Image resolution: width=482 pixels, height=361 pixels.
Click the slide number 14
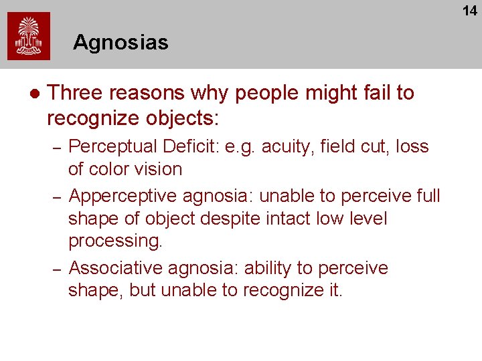click(x=469, y=10)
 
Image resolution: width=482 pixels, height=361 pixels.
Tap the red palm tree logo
click(x=29, y=36)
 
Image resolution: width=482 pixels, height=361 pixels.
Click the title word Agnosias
click(x=120, y=43)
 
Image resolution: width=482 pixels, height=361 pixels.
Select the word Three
click(x=74, y=93)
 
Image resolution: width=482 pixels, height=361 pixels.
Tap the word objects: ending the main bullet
click(x=180, y=118)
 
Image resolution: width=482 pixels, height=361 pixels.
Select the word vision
click(x=161, y=169)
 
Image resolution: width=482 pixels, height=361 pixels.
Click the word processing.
click(x=115, y=241)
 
